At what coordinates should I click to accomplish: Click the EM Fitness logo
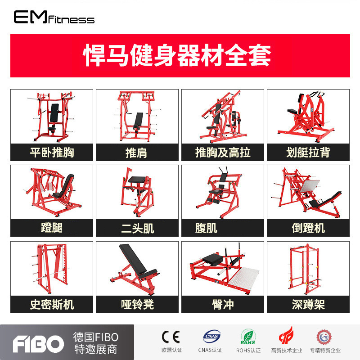[x=54, y=17]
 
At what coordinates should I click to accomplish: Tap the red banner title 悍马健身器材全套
[x=177, y=55]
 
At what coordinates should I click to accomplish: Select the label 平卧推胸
[x=52, y=153]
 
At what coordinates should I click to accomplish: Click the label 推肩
[x=136, y=153]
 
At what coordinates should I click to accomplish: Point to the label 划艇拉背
[x=308, y=153]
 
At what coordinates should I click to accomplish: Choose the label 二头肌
[x=137, y=228]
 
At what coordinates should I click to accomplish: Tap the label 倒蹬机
[x=308, y=228]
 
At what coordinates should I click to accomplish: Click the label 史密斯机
[x=52, y=305]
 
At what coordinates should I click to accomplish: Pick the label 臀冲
[x=223, y=305]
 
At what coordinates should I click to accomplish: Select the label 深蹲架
[x=308, y=305]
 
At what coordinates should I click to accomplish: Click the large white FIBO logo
[x=38, y=344]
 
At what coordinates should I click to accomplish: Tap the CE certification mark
[x=171, y=337]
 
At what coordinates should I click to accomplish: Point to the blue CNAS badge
[x=211, y=336]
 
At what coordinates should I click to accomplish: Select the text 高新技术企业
[x=287, y=351]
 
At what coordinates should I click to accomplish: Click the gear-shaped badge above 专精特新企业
[x=324, y=337]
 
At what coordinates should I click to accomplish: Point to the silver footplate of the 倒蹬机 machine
[x=309, y=186]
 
